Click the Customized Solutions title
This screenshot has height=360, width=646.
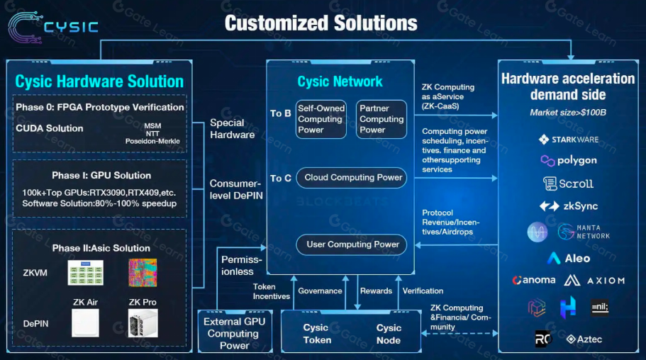pos(321,23)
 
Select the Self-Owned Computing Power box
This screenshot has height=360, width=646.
pos(321,119)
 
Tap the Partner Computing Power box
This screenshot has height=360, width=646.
pos(382,119)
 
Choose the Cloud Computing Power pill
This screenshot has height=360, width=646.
pos(352,177)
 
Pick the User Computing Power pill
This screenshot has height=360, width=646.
pos(352,244)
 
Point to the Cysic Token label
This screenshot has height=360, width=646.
pos(316,334)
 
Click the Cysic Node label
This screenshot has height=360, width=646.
pos(389,334)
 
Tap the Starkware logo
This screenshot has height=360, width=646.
pos(568,140)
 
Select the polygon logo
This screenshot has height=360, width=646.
pos(568,161)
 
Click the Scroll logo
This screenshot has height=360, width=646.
pos(568,184)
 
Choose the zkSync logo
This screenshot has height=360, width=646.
pos(568,206)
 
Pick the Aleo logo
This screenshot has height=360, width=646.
pos(568,259)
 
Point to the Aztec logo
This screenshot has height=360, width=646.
pos(584,339)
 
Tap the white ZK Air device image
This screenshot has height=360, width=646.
pos(86,323)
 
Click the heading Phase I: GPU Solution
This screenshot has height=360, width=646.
pos(101,175)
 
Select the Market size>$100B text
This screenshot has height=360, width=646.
pos(568,113)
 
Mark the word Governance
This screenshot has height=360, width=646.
pos(320,291)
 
